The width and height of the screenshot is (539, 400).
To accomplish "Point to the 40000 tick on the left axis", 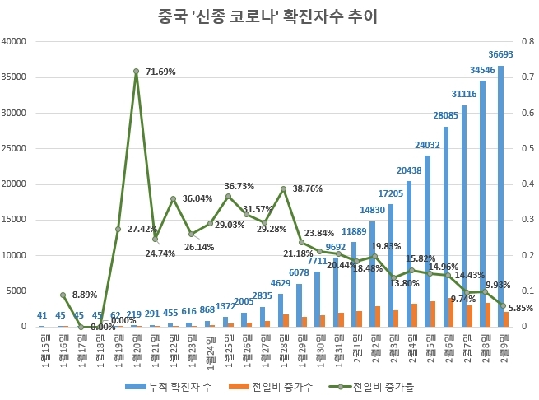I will coord(16,42).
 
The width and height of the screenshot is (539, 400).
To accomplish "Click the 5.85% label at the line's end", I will coord(521,309).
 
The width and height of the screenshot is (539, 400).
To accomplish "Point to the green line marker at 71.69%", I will coord(136,72).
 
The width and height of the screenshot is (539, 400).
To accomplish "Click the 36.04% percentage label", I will coord(197,198).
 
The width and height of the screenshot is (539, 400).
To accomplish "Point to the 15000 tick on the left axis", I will coord(16,220).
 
